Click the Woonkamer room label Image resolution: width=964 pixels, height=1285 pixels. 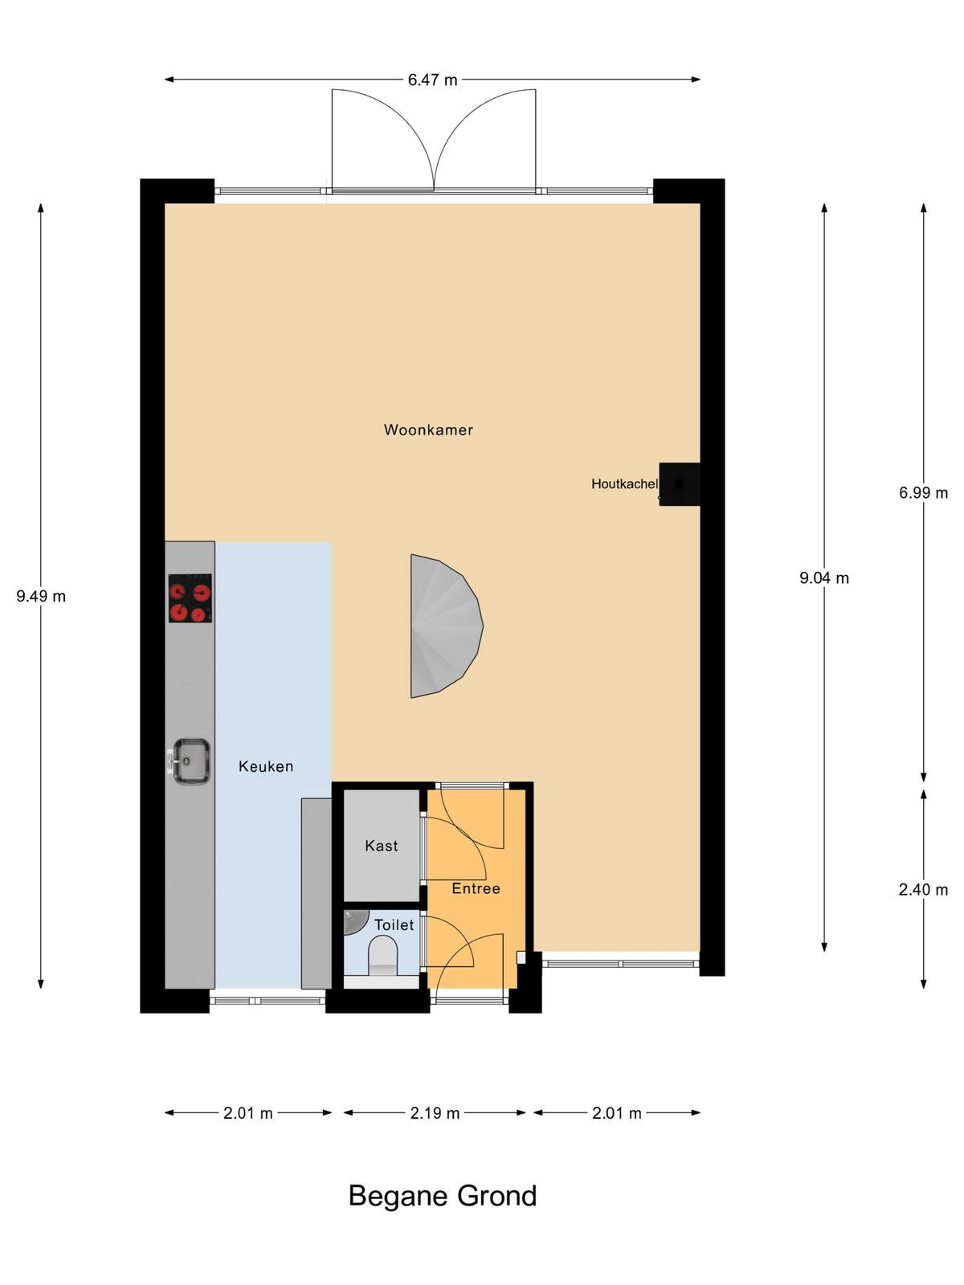coord(428,430)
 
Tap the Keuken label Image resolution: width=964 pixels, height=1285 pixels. coord(266,766)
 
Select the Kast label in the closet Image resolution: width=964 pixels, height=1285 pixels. coord(381,846)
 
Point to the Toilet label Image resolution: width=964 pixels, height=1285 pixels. coord(394,925)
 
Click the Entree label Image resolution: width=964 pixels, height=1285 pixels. coord(476,889)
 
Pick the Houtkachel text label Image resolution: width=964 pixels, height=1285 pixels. coord(624,484)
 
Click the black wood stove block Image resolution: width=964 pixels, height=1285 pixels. coord(679,484)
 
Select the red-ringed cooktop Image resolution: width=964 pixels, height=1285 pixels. coord(190,598)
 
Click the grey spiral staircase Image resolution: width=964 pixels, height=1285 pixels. coord(445,626)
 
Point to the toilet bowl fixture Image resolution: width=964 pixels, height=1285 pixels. coord(383,956)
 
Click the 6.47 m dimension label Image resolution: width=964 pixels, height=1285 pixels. coord(432,80)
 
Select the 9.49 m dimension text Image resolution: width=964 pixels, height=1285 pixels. coord(41,597)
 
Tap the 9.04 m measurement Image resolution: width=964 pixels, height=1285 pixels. coord(824,578)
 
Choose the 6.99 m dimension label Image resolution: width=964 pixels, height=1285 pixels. coord(924,493)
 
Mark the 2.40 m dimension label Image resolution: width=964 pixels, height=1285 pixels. coord(924,890)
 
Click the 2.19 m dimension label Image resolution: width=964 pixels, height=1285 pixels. coord(435,1113)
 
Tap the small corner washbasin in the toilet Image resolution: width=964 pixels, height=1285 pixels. coord(355,921)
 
